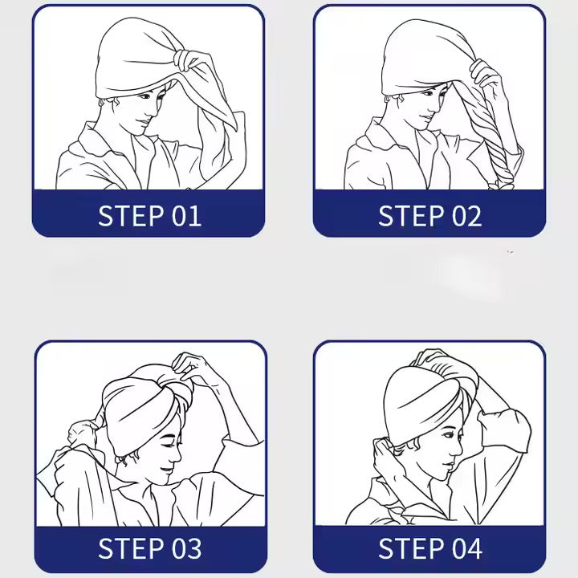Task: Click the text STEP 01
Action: (149, 215)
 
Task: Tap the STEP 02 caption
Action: (429, 215)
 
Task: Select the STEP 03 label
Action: (149, 549)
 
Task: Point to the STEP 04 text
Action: (429, 549)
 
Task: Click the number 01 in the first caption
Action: (186, 215)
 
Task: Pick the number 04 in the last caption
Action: (466, 549)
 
